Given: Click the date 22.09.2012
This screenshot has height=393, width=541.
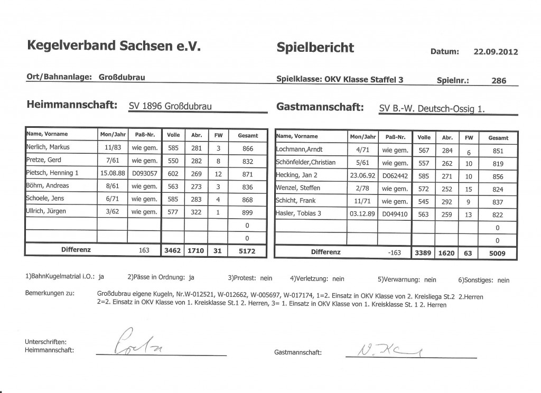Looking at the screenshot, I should [x=496, y=52].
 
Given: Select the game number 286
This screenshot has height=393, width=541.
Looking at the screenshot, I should [x=498, y=81].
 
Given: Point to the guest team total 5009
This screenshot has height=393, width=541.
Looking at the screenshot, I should [x=497, y=253].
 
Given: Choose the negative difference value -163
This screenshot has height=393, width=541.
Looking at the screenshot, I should [x=395, y=252].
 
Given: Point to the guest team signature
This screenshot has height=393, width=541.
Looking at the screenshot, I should [x=378, y=348].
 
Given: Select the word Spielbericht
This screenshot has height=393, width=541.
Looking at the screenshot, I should [x=315, y=48].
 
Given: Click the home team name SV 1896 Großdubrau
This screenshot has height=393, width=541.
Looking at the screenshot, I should [x=170, y=106].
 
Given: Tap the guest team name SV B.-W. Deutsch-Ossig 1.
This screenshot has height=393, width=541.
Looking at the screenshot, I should [x=432, y=109].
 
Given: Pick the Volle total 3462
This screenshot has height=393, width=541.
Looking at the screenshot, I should [x=173, y=251].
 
